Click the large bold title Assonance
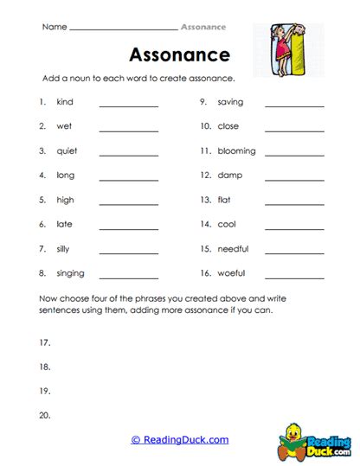[x=179, y=55]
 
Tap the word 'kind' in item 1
[x=65, y=102]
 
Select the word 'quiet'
[x=67, y=150]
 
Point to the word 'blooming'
[x=236, y=150]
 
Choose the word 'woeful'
[x=231, y=273]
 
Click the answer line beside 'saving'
[x=294, y=106]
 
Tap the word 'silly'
[x=66, y=249]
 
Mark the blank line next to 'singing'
[x=129, y=278]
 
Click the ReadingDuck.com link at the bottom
[x=179, y=440]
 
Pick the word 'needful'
[x=233, y=249]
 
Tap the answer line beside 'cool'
[x=294, y=229]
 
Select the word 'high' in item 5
[x=65, y=200]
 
